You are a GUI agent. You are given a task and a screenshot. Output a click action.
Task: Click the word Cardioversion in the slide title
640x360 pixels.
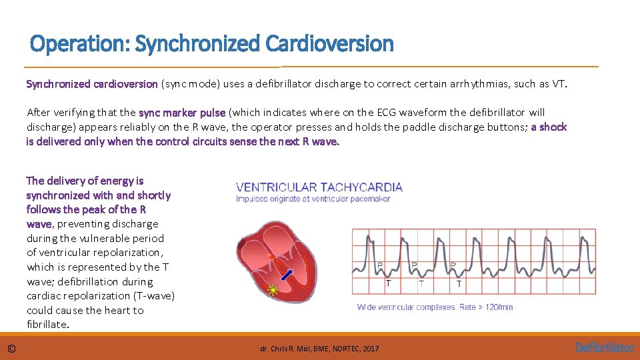pos(329,44)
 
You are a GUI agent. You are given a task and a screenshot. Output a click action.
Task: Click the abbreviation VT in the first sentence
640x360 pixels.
pos(558,84)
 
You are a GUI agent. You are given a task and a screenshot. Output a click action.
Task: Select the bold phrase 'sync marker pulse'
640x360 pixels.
pos(182,113)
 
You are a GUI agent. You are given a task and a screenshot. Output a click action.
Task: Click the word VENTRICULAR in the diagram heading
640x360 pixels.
pos(276,187)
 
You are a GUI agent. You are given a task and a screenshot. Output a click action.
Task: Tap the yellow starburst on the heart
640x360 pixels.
pos(272,290)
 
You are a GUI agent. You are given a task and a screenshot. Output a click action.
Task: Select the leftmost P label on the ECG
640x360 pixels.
pos(381,265)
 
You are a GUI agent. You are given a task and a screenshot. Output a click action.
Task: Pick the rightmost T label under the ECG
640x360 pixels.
pos(459,284)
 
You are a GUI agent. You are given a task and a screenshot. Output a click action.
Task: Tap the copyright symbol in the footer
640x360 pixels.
pos(12,348)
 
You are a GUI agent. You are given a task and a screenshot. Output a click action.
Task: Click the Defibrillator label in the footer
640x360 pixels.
pos(605,347)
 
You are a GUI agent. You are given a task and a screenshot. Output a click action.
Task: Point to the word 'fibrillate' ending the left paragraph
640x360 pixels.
pos(46,325)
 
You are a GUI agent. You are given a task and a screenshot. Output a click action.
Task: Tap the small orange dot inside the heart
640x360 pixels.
pos(271,255)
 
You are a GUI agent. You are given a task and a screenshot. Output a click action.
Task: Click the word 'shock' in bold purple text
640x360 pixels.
pos(553,127)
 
